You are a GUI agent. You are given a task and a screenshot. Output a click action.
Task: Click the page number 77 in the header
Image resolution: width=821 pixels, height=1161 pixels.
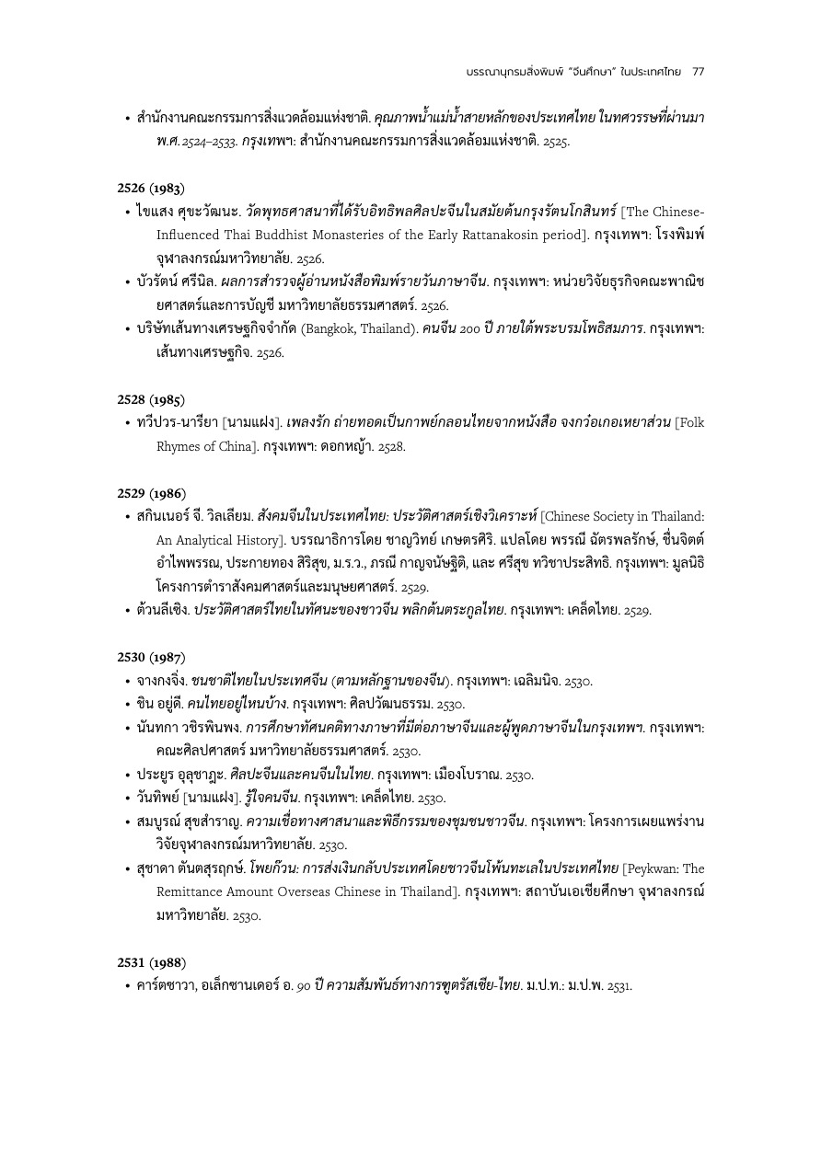[x=698, y=71]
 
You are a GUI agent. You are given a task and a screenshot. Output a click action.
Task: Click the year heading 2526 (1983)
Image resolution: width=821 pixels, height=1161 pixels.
[x=151, y=188]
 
